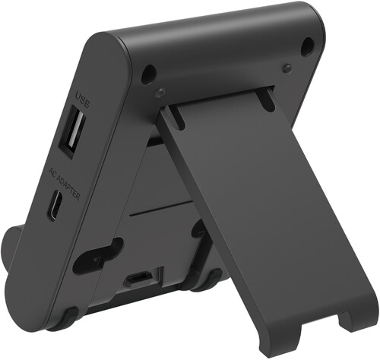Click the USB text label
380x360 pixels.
click(83, 100)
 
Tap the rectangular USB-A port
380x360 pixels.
click(72, 131)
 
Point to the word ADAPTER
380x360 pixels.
click(68, 188)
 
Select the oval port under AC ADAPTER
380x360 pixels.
click(55, 205)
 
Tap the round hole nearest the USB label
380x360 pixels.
click(149, 74)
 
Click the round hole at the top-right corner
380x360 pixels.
click(308, 46)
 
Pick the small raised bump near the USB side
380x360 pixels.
click(160, 93)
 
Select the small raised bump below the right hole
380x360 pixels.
click(287, 68)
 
